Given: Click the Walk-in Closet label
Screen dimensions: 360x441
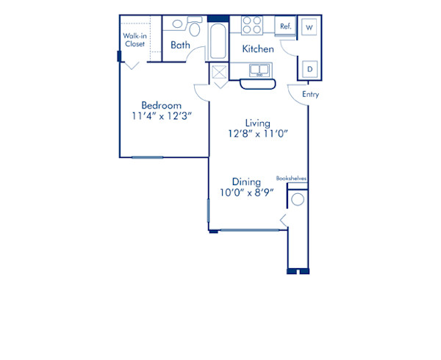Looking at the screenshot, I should pyautogui.click(x=134, y=40).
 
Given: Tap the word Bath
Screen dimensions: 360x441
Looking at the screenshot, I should pyautogui.click(x=181, y=46).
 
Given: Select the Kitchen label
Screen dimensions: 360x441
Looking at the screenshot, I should pyautogui.click(x=258, y=49).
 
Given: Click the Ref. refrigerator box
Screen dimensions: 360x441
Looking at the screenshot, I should pyautogui.click(x=285, y=26).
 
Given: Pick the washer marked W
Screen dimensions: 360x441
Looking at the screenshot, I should pyautogui.click(x=309, y=27).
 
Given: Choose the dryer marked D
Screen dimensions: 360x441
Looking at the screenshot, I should pyautogui.click(x=309, y=68).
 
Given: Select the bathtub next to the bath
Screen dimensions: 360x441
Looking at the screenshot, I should pyautogui.click(x=219, y=41).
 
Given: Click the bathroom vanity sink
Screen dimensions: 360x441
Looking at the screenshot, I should pyautogui.click(x=177, y=24).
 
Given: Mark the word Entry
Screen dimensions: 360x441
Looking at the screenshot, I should pyautogui.click(x=310, y=94).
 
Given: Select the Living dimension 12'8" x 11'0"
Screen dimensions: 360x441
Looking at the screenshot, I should pyautogui.click(x=258, y=134).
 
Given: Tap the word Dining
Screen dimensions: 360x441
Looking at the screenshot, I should pyautogui.click(x=245, y=181).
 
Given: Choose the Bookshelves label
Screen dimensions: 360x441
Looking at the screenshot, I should pyautogui.click(x=291, y=178).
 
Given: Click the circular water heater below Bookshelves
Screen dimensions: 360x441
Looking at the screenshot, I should pyautogui.click(x=298, y=199).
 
